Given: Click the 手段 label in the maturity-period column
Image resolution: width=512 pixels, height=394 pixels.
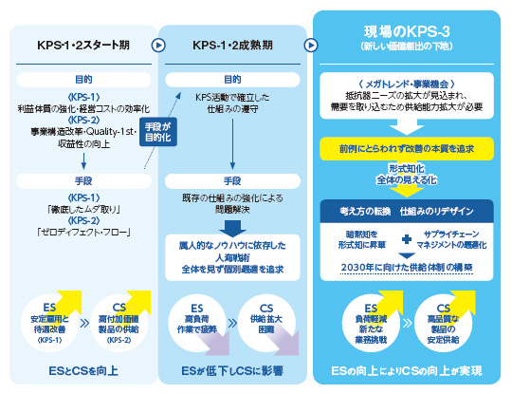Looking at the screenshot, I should click(232, 180).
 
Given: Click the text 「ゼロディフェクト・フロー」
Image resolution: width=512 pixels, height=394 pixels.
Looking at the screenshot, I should click(77, 230).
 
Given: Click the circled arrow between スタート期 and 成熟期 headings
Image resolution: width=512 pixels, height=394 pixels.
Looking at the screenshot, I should click(159, 44).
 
